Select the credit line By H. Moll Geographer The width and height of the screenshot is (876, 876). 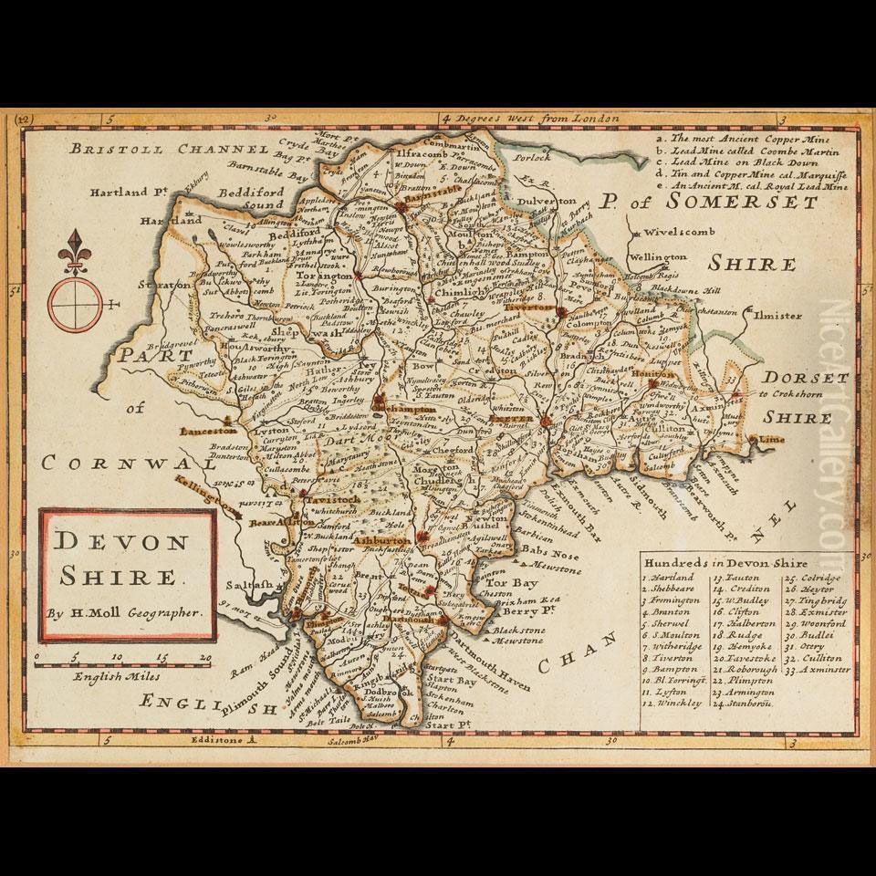[x=125, y=613]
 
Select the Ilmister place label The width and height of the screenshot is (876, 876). [x=777, y=316]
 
